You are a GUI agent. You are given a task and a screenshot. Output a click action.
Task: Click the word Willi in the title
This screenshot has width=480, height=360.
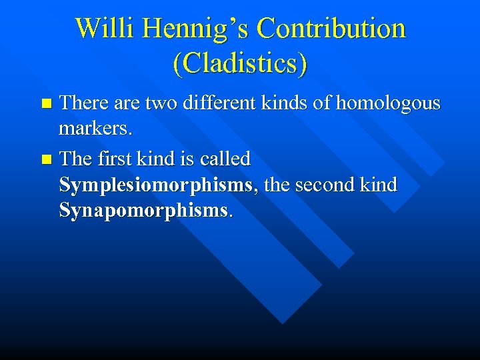96,29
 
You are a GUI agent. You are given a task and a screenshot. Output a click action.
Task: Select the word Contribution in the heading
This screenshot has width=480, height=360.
331,29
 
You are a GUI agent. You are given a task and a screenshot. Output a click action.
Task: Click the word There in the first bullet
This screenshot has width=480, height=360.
82,103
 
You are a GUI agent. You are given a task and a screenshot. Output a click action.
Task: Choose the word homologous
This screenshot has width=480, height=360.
388,103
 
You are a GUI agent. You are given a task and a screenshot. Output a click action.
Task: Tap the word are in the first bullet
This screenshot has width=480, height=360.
125,103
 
